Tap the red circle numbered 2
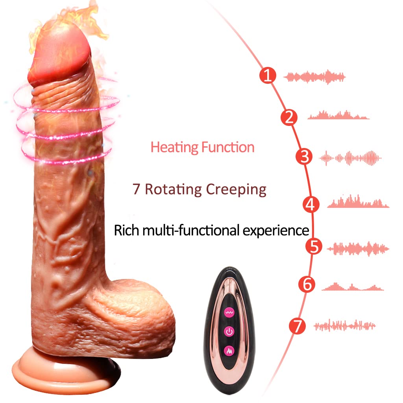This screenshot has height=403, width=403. pos(289,117)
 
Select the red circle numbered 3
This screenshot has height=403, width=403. pos(304,157)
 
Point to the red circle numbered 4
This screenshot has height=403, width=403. pos(311,204)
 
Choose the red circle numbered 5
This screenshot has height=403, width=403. pos(314,247)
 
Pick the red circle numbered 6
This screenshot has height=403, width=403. pos(307,284)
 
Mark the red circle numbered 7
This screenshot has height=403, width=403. pos(297,326)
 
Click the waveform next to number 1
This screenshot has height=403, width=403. pos(314,77)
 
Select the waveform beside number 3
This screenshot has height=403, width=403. pos(350,158)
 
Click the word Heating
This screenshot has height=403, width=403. pos(174,148)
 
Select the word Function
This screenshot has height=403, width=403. pos(228,147)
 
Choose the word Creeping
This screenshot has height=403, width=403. pos(236,190)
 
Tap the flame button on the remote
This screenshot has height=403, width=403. pos(228,350)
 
